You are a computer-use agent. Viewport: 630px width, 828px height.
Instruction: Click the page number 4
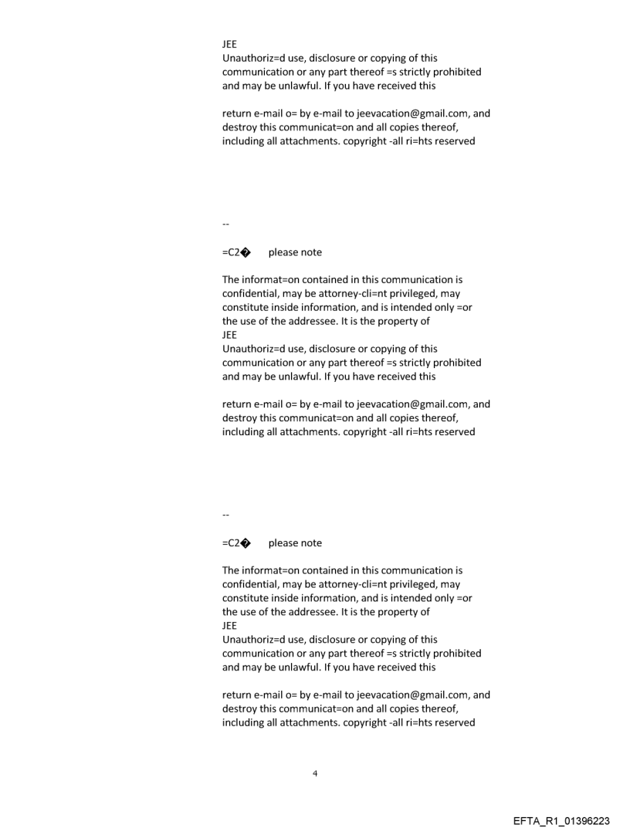click(x=315, y=772)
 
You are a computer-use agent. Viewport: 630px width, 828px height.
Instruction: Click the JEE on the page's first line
click(x=229, y=44)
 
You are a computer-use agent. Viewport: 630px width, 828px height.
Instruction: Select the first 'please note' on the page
click(x=295, y=252)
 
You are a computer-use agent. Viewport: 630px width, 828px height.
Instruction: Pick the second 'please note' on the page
click(x=295, y=543)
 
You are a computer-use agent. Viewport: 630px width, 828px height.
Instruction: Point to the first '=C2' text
click(x=230, y=252)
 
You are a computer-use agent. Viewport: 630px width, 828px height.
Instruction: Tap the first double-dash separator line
click(x=225, y=225)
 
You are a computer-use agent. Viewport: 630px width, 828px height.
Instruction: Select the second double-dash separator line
click(x=225, y=515)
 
